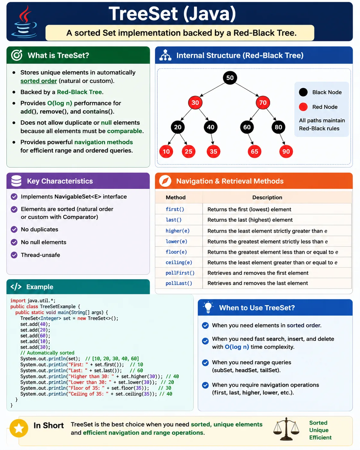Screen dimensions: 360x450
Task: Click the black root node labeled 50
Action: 230,78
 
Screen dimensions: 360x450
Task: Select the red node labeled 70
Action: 263,102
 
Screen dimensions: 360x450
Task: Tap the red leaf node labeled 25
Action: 188,151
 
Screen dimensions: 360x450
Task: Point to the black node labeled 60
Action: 247,127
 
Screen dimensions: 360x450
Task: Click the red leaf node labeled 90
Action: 286,151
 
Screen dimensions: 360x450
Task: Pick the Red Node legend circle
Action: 303,107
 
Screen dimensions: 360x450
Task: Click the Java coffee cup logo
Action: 24,22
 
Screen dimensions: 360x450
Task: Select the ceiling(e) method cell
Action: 179,263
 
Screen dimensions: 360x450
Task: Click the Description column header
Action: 267,197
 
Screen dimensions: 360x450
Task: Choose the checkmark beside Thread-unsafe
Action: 14,255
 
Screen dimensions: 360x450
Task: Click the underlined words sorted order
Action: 39,81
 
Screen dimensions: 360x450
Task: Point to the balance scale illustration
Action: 286,429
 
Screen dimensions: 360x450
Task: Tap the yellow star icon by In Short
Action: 19,428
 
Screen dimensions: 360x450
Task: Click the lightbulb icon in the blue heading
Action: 208,307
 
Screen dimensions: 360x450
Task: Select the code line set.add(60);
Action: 35,336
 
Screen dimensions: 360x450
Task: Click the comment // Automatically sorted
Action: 47,353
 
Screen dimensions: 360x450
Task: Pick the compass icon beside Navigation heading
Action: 165,181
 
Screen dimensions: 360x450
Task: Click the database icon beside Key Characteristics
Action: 16,181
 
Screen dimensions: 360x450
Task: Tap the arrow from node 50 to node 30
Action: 212,90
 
